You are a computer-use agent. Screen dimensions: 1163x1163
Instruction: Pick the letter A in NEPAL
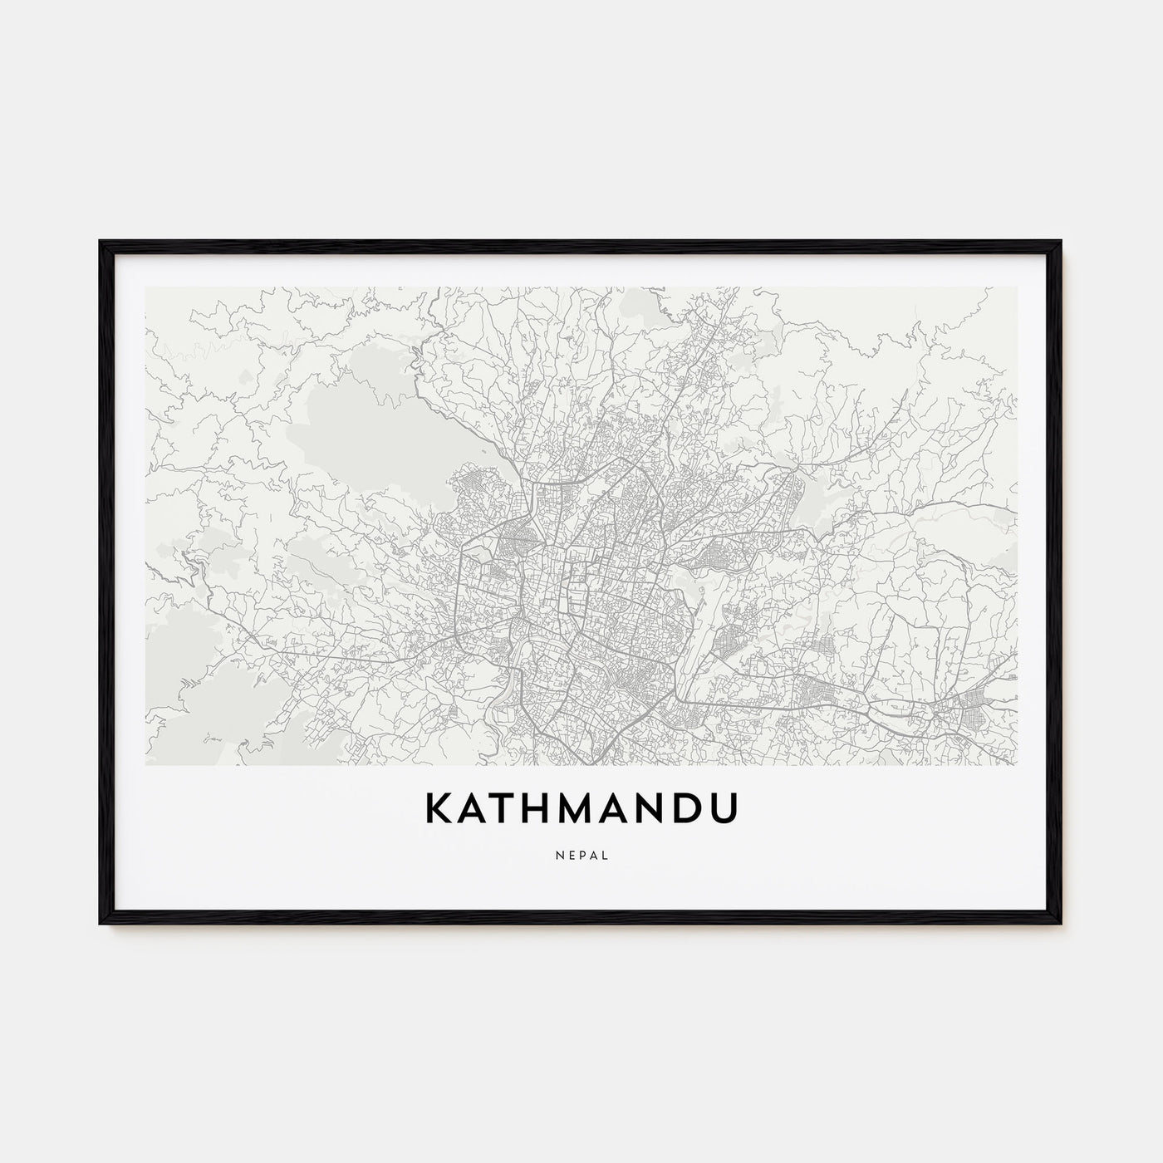pyautogui.click(x=592, y=854)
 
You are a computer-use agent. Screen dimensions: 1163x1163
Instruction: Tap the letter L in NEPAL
pyautogui.click(x=604, y=854)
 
